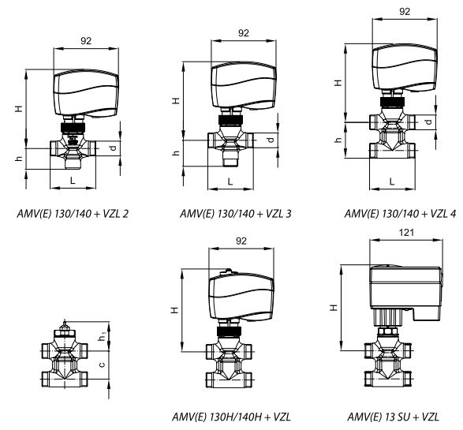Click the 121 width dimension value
tap(406, 233)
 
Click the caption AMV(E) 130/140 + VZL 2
tap(73, 214)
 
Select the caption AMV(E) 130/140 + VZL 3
tap(236, 214)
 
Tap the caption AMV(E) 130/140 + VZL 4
tap(400, 214)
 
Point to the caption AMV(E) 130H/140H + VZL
tap(232, 417)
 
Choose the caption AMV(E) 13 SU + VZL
tap(393, 417)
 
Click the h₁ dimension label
tap(102, 336)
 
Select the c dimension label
tap(102, 365)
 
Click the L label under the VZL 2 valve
tap(73, 180)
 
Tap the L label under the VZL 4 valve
tap(392, 181)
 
